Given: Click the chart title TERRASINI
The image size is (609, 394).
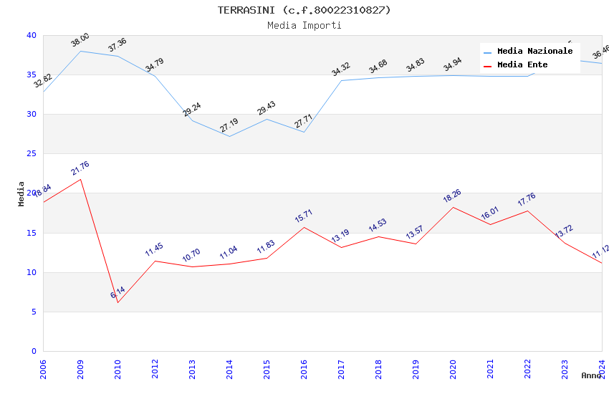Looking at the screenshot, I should pyautogui.click(x=304, y=10).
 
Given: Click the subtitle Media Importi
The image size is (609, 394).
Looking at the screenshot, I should pyautogui.click(x=304, y=25).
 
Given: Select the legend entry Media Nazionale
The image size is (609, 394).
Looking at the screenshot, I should pyautogui.click(x=534, y=51).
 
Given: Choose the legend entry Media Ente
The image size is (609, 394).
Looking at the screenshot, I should pyautogui.click(x=522, y=64).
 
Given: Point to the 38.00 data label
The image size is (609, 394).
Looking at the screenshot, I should pyautogui.click(x=80, y=40).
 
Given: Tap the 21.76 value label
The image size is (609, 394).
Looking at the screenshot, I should pyautogui.click(x=80, y=168).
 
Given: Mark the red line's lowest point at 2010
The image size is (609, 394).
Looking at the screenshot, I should pyautogui.click(x=118, y=302).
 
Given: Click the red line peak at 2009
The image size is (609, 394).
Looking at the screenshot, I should pyautogui.click(x=80, y=179).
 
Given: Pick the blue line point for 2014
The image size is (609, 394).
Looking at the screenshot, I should pyautogui.click(x=229, y=136).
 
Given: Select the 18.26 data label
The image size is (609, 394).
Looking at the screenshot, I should pyautogui.click(x=453, y=196).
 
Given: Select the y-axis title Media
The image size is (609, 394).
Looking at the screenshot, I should pyautogui.click(x=21, y=193).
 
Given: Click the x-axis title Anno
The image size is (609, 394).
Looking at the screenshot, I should pyautogui.click(x=591, y=375).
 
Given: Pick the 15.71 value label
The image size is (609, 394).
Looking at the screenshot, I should pyautogui.click(x=304, y=216).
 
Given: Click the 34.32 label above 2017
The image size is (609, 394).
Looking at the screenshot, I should pyautogui.click(x=341, y=69).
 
